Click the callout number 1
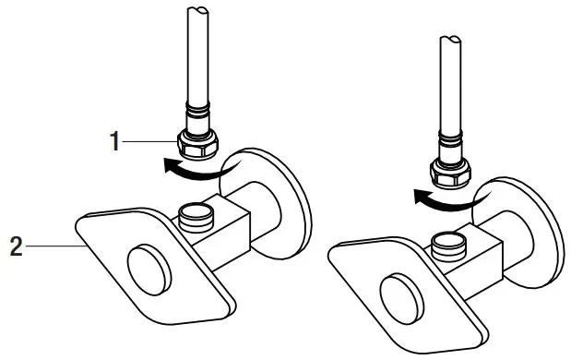click(x=113, y=141)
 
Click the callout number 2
click(x=16, y=246)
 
